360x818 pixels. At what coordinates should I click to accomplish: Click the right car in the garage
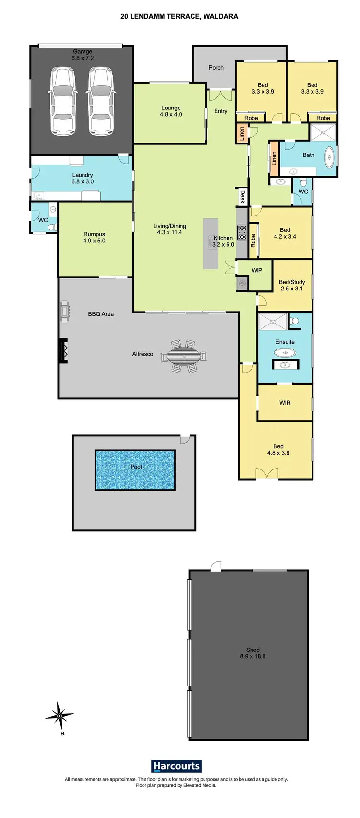pos(100,100)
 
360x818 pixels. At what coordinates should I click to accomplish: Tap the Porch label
pos(216,68)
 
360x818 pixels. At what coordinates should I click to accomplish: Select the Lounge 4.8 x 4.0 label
pos(171,111)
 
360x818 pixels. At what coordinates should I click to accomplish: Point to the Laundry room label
pos(83,179)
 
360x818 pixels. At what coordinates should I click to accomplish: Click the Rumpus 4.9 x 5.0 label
pos(94,238)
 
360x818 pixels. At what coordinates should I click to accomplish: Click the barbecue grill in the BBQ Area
pos(65,312)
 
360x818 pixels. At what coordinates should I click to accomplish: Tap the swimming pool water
pos(135,469)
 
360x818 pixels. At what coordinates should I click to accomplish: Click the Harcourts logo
pos(176,766)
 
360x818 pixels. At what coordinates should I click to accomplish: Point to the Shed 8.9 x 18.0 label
pos(253,653)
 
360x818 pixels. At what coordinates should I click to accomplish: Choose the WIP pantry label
pos(257,271)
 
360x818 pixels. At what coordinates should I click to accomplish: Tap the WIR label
pos(285,403)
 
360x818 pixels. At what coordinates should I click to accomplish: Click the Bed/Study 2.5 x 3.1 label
pos(291,286)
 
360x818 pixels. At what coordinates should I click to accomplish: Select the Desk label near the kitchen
pos(242,197)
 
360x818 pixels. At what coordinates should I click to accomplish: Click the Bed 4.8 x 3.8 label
pos(278,450)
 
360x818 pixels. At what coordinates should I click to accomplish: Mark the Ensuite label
pos(285,342)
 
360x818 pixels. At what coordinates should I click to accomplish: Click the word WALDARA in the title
pos(221,16)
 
